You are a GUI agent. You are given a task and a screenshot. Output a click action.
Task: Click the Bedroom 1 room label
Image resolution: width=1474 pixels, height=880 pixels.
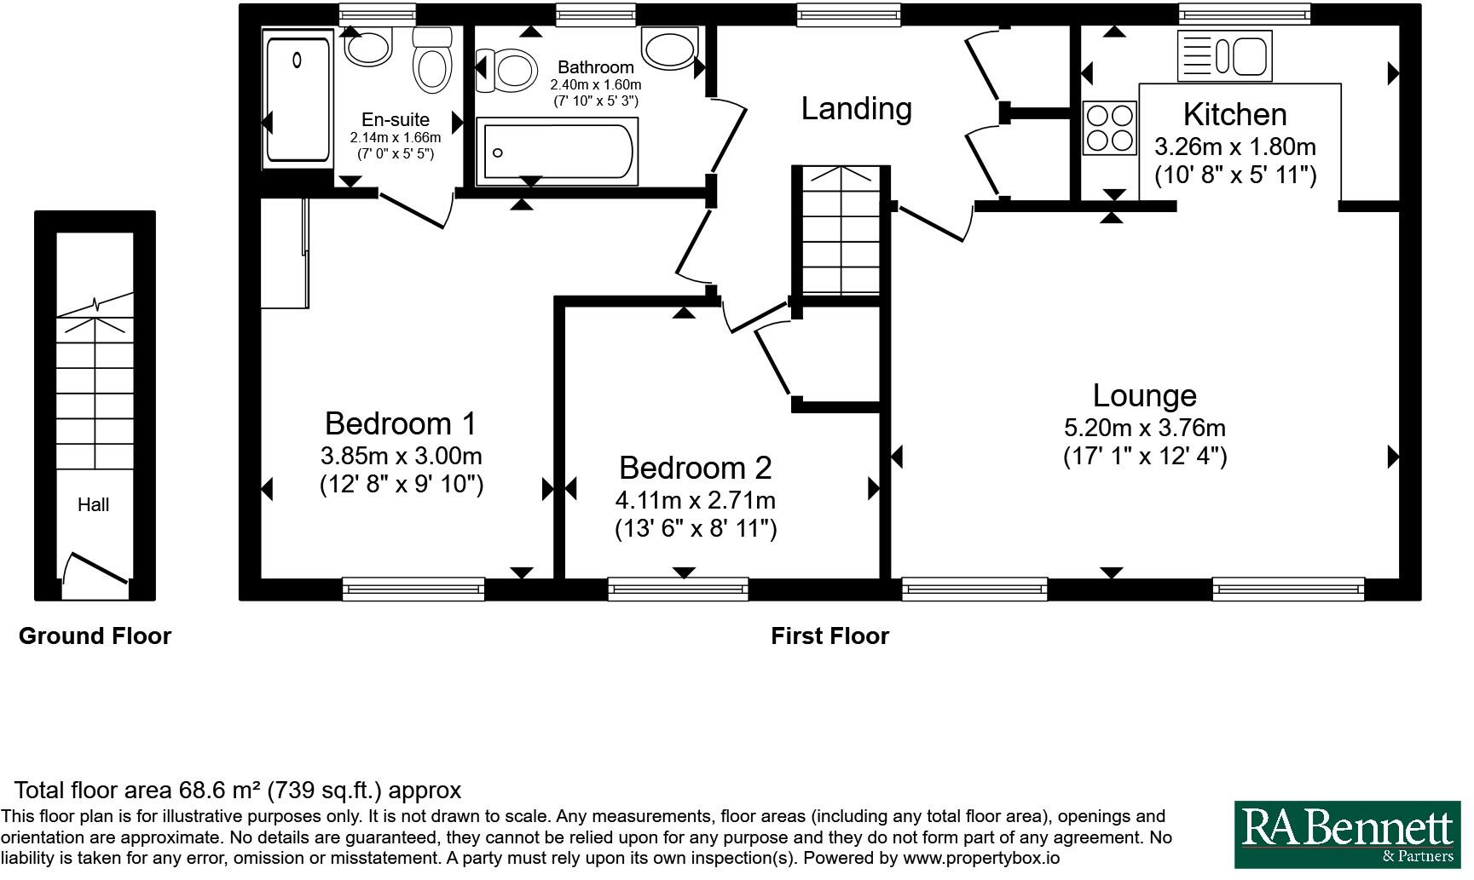point(401,423)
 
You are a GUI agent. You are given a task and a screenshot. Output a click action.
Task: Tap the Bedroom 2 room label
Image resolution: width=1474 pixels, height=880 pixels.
point(695,468)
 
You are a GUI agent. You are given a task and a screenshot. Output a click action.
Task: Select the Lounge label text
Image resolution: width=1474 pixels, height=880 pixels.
point(1144,395)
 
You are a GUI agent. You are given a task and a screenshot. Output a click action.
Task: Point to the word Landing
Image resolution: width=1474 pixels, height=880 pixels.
point(856,108)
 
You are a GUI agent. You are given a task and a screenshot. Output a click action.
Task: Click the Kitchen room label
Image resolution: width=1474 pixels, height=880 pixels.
point(1234,114)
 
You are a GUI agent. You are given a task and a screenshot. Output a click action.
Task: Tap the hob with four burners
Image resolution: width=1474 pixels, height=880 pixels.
point(1110,128)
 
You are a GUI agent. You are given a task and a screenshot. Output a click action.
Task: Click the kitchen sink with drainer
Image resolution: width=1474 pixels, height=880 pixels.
point(1224,56)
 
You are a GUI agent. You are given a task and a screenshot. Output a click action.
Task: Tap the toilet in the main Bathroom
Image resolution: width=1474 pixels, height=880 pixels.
point(508,68)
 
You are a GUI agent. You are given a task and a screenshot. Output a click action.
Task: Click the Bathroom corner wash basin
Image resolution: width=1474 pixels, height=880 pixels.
point(669,49)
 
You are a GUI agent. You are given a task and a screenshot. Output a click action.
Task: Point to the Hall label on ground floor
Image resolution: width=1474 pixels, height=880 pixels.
point(93,504)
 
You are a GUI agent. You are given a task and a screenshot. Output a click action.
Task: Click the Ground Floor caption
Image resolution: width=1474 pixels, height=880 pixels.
point(95,636)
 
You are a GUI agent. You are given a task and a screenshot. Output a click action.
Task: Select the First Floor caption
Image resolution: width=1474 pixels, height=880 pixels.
point(829,636)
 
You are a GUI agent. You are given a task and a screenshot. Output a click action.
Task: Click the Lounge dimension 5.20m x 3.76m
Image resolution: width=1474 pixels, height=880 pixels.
point(1144,428)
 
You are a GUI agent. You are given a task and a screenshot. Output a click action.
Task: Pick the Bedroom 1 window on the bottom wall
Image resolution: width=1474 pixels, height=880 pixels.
point(413,588)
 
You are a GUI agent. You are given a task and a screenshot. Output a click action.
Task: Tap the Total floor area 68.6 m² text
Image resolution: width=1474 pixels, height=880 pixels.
point(237,791)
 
